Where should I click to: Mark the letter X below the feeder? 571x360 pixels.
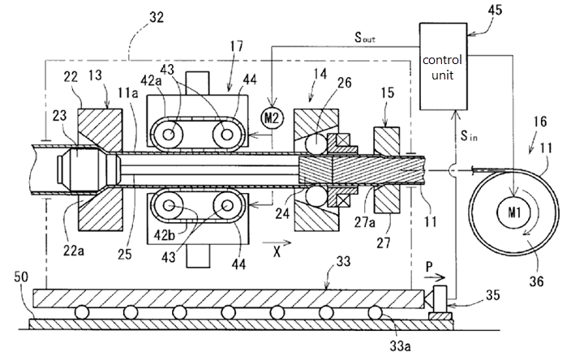coord(279,251)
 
